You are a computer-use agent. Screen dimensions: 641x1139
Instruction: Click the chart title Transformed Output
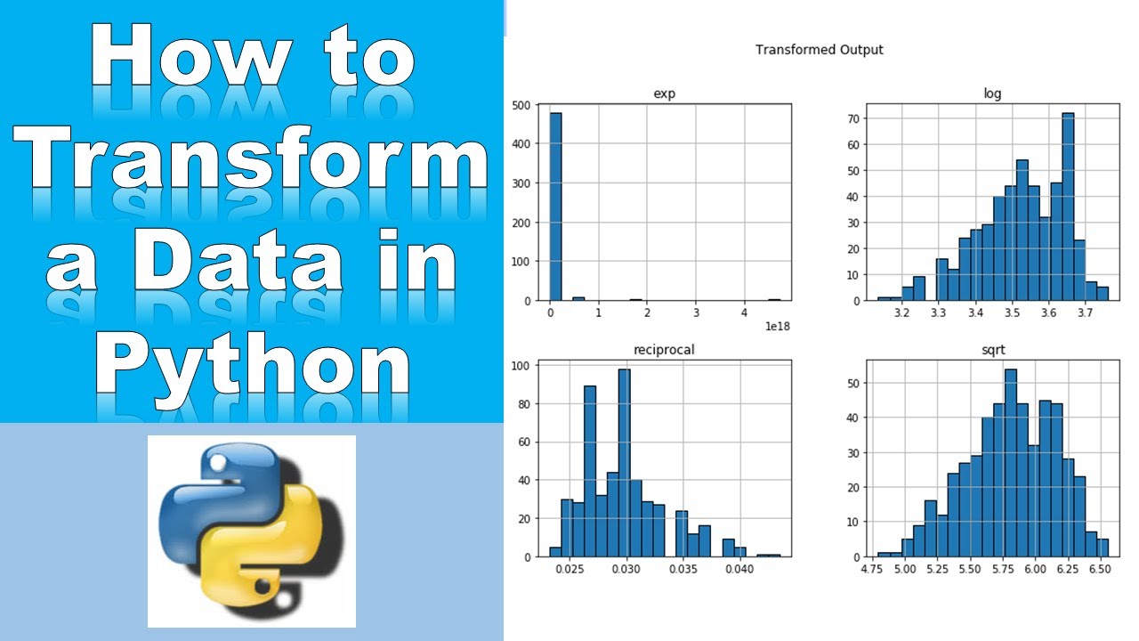[x=820, y=50]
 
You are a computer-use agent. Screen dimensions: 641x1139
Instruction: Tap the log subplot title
[x=992, y=93]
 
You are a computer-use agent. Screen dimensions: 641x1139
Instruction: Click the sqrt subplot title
[x=992, y=350]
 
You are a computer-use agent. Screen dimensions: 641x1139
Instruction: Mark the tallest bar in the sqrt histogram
[x=1010, y=463]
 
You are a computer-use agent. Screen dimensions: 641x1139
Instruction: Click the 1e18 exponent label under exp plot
[x=777, y=327]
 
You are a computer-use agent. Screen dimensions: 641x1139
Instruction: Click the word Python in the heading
[x=253, y=365]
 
